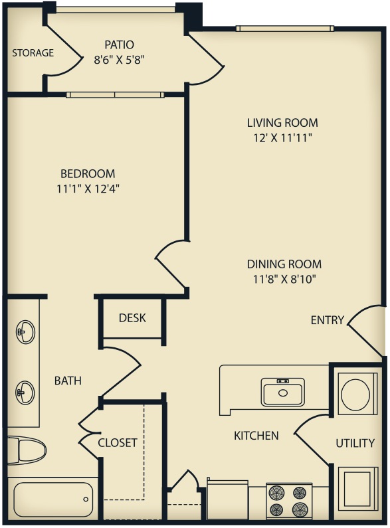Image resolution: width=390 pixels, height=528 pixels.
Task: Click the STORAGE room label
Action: click(x=33, y=52)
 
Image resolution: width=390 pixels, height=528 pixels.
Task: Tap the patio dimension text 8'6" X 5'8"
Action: click(x=119, y=58)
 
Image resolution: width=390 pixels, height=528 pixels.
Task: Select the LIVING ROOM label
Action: click(x=282, y=123)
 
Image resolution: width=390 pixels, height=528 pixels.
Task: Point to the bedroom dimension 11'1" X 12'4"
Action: click(x=88, y=188)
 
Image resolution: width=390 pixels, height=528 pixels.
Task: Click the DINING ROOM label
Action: click(x=284, y=264)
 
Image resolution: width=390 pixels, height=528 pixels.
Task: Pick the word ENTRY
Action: click(x=327, y=320)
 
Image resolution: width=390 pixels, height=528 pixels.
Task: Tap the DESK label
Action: click(x=132, y=317)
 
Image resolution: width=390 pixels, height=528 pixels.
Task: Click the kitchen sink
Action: click(x=283, y=392)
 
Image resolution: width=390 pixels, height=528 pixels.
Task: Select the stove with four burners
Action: click(x=289, y=501)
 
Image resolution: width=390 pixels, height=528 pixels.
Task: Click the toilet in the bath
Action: click(x=28, y=450)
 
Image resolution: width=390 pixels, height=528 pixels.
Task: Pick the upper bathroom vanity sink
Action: click(x=25, y=331)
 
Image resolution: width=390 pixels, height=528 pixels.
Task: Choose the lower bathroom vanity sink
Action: click(x=25, y=393)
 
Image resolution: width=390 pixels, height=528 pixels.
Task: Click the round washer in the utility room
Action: click(x=355, y=394)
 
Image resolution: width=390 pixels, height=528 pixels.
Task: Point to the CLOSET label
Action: click(x=118, y=442)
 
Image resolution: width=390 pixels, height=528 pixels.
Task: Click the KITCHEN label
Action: click(x=256, y=436)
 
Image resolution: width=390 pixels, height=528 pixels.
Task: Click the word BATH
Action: click(x=68, y=381)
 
